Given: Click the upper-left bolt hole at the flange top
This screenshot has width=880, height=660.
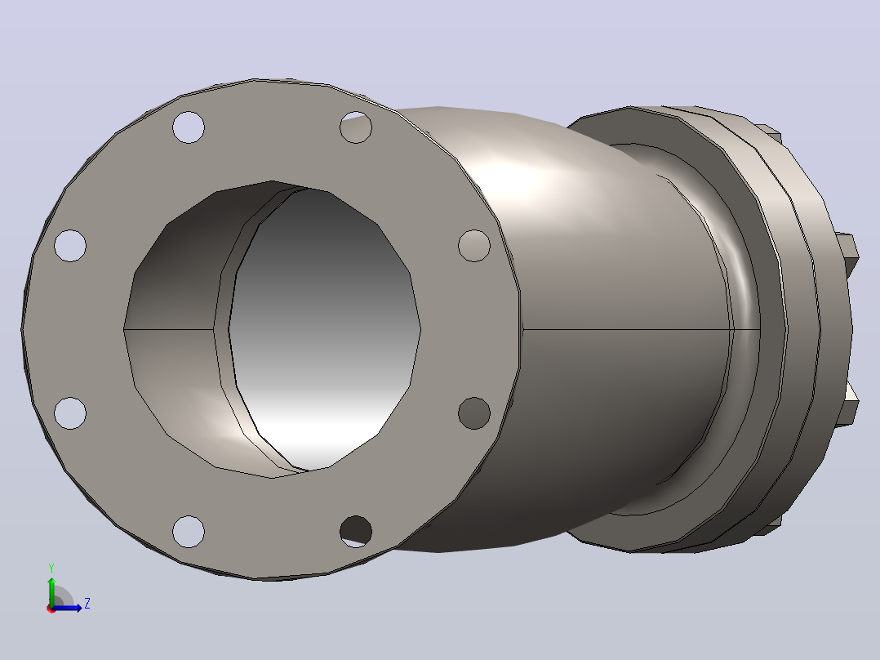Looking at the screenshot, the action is (x=189, y=127).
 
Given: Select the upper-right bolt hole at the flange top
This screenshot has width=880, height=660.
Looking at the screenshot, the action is (x=356, y=127).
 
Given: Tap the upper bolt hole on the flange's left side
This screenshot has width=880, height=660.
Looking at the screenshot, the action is (x=70, y=246).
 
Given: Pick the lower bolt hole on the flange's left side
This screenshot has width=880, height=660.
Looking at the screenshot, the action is (x=70, y=412).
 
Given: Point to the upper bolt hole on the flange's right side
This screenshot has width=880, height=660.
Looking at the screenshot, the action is (x=474, y=246).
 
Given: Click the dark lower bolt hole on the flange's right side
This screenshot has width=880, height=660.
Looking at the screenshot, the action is (x=474, y=412).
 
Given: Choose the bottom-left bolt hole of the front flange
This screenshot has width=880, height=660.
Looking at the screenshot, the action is (x=189, y=531).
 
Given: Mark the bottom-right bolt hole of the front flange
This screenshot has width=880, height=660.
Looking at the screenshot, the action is (x=356, y=531).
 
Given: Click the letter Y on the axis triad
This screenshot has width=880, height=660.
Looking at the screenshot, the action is (x=51, y=568).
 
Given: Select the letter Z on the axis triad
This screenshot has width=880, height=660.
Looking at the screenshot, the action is (x=87, y=604).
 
